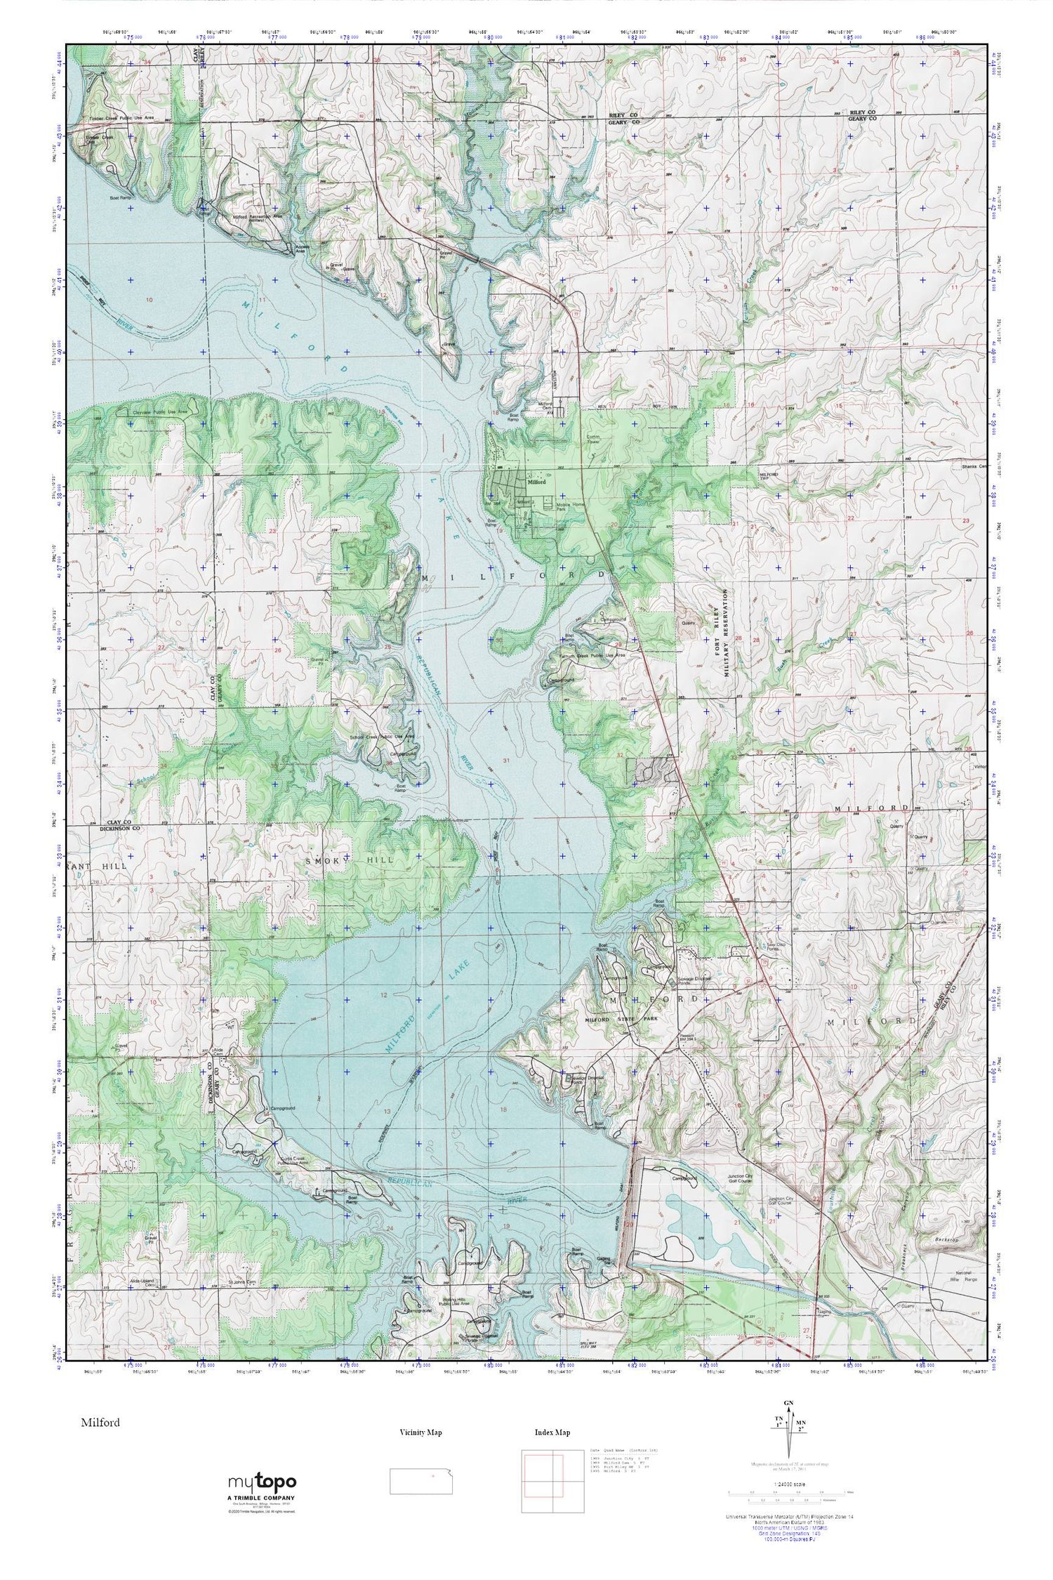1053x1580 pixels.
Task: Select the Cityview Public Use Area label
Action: coord(160,412)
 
